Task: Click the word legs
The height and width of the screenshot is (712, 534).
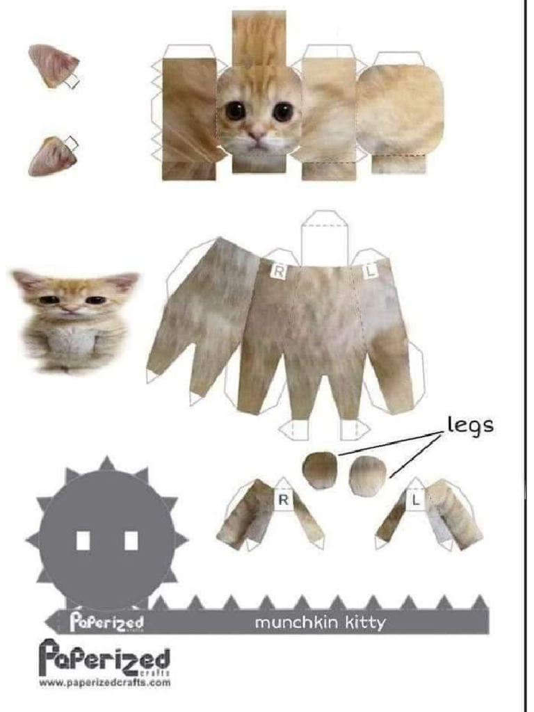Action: click(x=470, y=424)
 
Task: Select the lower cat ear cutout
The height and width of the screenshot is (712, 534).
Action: click(x=52, y=156)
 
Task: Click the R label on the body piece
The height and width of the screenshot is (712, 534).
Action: click(x=277, y=272)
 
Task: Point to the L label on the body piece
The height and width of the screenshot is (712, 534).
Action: click(x=370, y=272)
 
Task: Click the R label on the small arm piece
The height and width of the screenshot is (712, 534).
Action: click(x=283, y=499)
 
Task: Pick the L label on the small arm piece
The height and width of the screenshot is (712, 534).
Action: click(x=416, y=499)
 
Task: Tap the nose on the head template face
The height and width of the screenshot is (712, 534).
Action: click(x=258, y=132)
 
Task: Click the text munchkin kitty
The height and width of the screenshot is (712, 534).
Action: click(x=319, y=622)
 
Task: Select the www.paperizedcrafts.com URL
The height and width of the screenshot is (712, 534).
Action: click(x=104, y=683)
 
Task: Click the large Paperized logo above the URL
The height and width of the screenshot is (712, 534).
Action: click(x=104, y=657)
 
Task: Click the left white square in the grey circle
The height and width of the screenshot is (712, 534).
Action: click(x=83, y=540)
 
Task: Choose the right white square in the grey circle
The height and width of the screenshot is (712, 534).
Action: click(x=131, y=540)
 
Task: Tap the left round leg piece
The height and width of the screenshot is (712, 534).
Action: click(x=320, y=470)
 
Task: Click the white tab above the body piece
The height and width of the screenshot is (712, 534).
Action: click(x=323, y=236)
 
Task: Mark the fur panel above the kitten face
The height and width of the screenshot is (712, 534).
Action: click(x=259, y=38)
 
